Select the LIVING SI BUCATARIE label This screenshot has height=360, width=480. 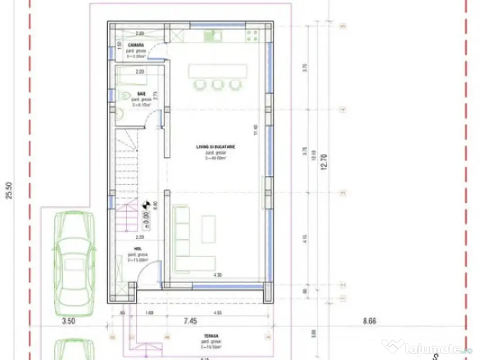216,147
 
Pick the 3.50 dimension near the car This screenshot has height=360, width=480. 69,322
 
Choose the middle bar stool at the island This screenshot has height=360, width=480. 217,84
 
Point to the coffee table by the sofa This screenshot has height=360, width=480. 209,229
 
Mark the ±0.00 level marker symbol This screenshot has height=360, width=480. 146,204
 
